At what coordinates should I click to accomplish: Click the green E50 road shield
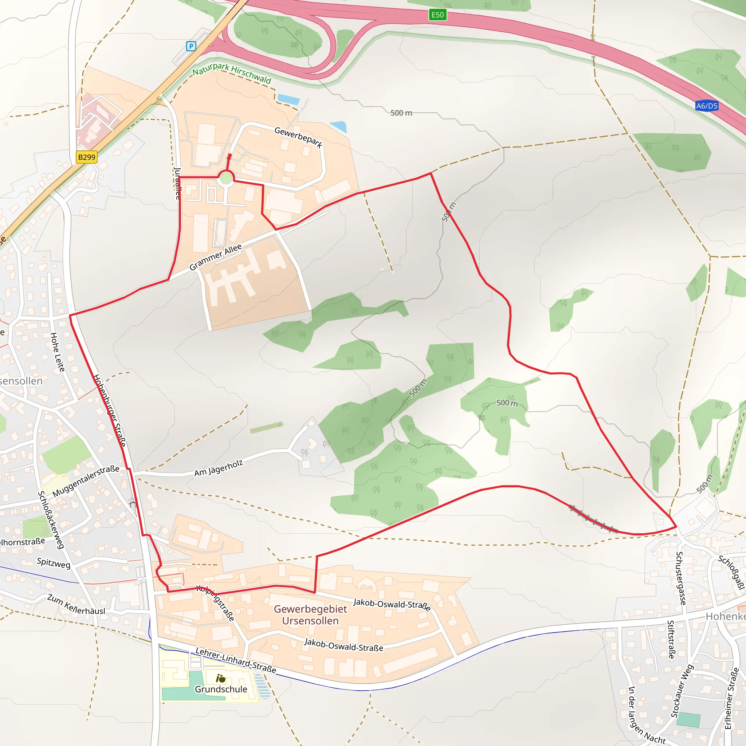point(437,15)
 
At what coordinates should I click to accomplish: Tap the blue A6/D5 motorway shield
point(706,106)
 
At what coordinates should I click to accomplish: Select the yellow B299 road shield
point(86,157)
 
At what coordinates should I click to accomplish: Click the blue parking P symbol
point(191,46)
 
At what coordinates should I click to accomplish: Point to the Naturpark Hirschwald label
point(232,72)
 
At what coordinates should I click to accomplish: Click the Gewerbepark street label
point(298,137)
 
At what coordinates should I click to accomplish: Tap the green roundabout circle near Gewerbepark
point(225,178)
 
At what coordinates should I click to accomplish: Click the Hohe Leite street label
point(57,352)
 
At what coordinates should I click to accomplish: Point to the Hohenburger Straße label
point(110,410)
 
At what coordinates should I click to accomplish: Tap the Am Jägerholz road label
point(218,468)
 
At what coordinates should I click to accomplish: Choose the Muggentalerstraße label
point(86,481)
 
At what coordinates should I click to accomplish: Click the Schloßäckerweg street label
point(51,519)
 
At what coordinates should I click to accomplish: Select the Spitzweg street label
point(53,563)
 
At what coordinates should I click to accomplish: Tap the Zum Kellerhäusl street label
point(76,605)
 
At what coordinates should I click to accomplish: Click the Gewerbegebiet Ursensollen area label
point(310,615)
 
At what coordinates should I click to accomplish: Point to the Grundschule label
point(220,689)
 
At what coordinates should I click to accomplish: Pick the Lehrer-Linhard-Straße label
point(236,660)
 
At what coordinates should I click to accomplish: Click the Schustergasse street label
point(681,578)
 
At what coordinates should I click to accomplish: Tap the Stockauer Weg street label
point(682,691)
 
